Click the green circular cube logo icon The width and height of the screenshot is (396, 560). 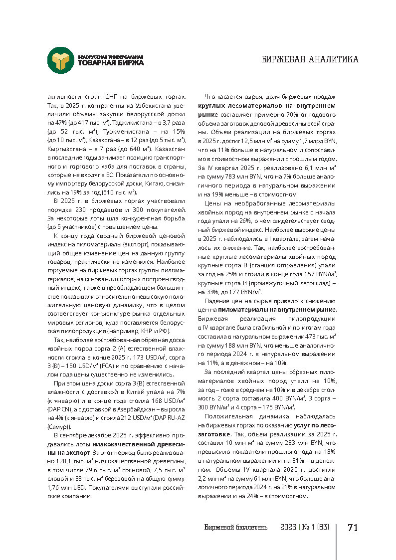point(60,60)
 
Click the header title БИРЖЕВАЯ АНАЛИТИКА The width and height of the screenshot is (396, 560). point(310,60)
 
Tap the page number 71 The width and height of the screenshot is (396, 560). point(353,528)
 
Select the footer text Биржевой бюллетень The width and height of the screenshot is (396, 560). point(236,528)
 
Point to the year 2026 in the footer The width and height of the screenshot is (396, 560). point(288,528)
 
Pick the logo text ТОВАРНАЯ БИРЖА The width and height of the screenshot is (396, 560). point(111,63)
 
